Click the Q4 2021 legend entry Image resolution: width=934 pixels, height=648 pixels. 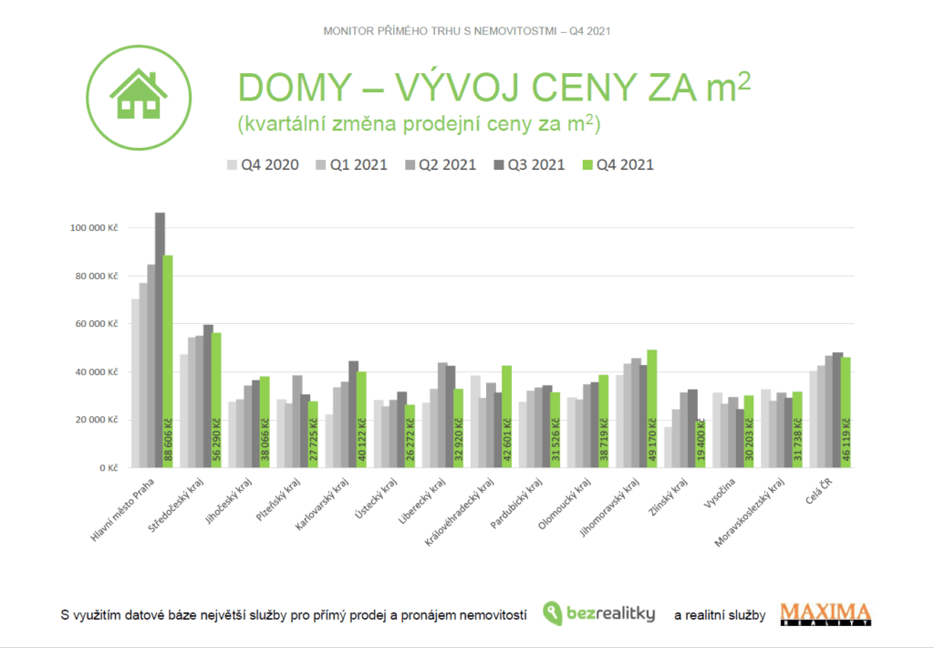click(x=617, y=165)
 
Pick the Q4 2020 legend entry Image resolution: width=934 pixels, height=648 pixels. click(x=264, y=165)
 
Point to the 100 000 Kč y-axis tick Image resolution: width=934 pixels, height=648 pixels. click(x=94, y=227)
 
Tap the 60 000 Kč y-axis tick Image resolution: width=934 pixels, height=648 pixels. click(x=97, y=324)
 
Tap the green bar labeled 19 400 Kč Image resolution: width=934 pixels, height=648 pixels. click(x=700, y=444)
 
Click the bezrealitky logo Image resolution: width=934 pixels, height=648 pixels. click(x=598, y=613)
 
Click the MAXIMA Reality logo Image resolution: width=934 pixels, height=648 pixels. click(x=825, y=613)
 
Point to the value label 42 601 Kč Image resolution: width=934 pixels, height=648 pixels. click(x=507, y=443)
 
